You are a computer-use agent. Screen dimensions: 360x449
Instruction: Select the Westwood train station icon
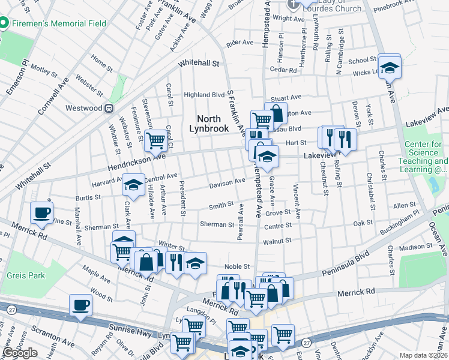109,109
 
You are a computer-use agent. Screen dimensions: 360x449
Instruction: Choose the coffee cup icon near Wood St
80,305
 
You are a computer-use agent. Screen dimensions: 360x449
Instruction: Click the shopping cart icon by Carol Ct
156,141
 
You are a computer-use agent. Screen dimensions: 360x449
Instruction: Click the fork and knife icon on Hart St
345,139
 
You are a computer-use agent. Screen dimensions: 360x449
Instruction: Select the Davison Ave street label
227,182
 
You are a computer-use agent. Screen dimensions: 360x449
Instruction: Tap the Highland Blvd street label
204,95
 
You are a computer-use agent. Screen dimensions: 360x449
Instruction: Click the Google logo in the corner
20,353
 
